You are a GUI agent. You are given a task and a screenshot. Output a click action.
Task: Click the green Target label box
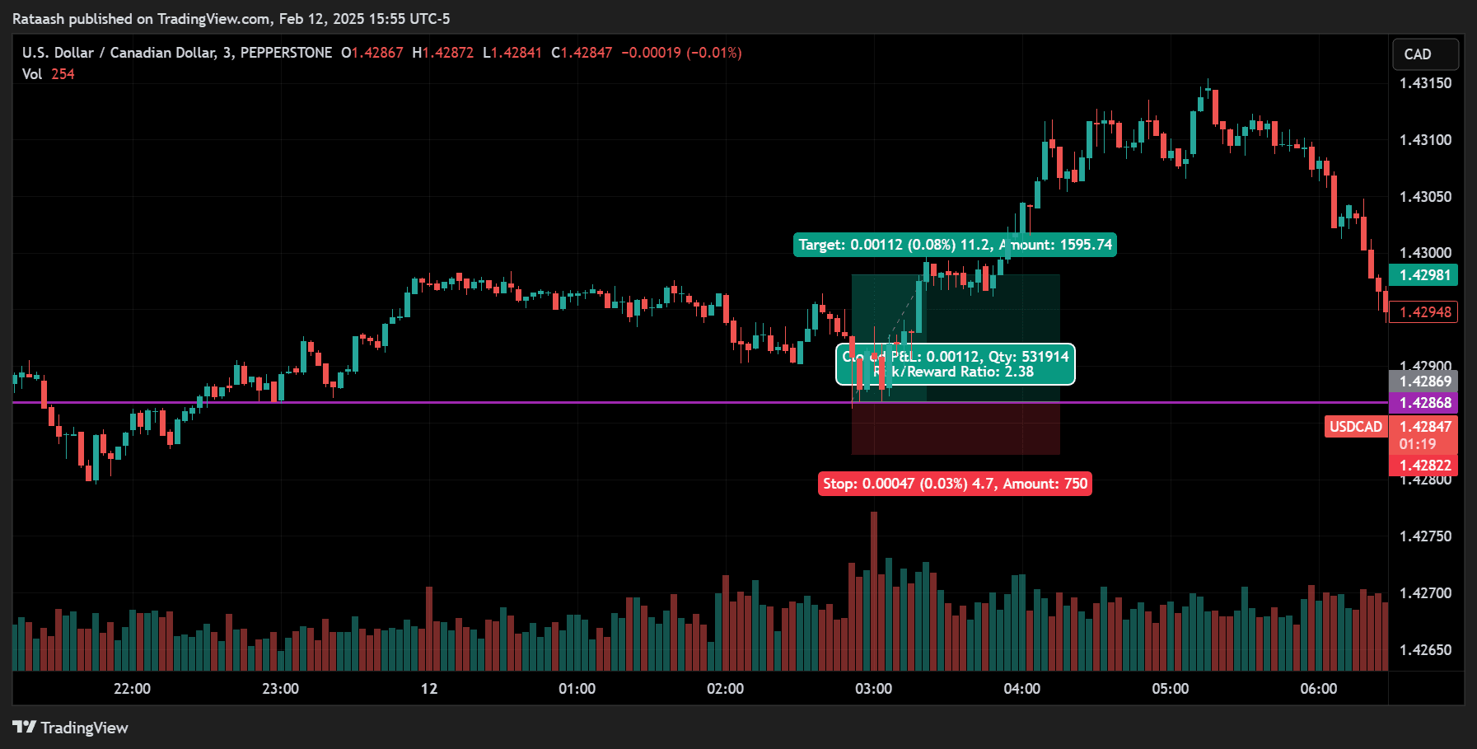point(955,245)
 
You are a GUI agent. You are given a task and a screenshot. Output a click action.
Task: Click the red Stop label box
point(955,484)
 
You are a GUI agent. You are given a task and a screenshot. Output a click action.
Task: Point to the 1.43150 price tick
point(1425,83)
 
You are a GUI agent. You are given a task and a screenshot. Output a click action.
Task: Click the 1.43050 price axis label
point(1425,197)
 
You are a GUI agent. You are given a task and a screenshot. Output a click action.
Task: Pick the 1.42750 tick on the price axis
point(1425,536)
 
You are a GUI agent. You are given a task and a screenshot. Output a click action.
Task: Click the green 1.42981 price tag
point(1424,275)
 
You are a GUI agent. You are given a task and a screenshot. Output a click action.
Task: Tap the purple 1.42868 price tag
point(1424,403)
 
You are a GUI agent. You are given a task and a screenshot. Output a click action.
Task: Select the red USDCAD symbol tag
point(1355,427)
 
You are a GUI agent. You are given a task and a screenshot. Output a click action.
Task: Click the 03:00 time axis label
point(873,689)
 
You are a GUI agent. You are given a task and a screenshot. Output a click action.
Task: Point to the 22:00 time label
point(132,689)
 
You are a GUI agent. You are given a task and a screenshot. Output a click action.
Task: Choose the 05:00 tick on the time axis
point(1170,689)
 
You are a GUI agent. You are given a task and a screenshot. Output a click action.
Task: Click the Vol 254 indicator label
point(48,74)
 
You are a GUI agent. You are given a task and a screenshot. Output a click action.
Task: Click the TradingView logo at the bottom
point(71,728)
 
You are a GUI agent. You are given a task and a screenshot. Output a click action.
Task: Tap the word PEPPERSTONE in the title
point(286,53)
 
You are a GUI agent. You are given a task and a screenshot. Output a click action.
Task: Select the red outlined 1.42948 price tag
point(1424,312)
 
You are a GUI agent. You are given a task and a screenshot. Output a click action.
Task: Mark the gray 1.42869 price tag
point(1424,382)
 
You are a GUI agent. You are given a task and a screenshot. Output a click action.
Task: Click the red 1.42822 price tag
point(1424,466)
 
